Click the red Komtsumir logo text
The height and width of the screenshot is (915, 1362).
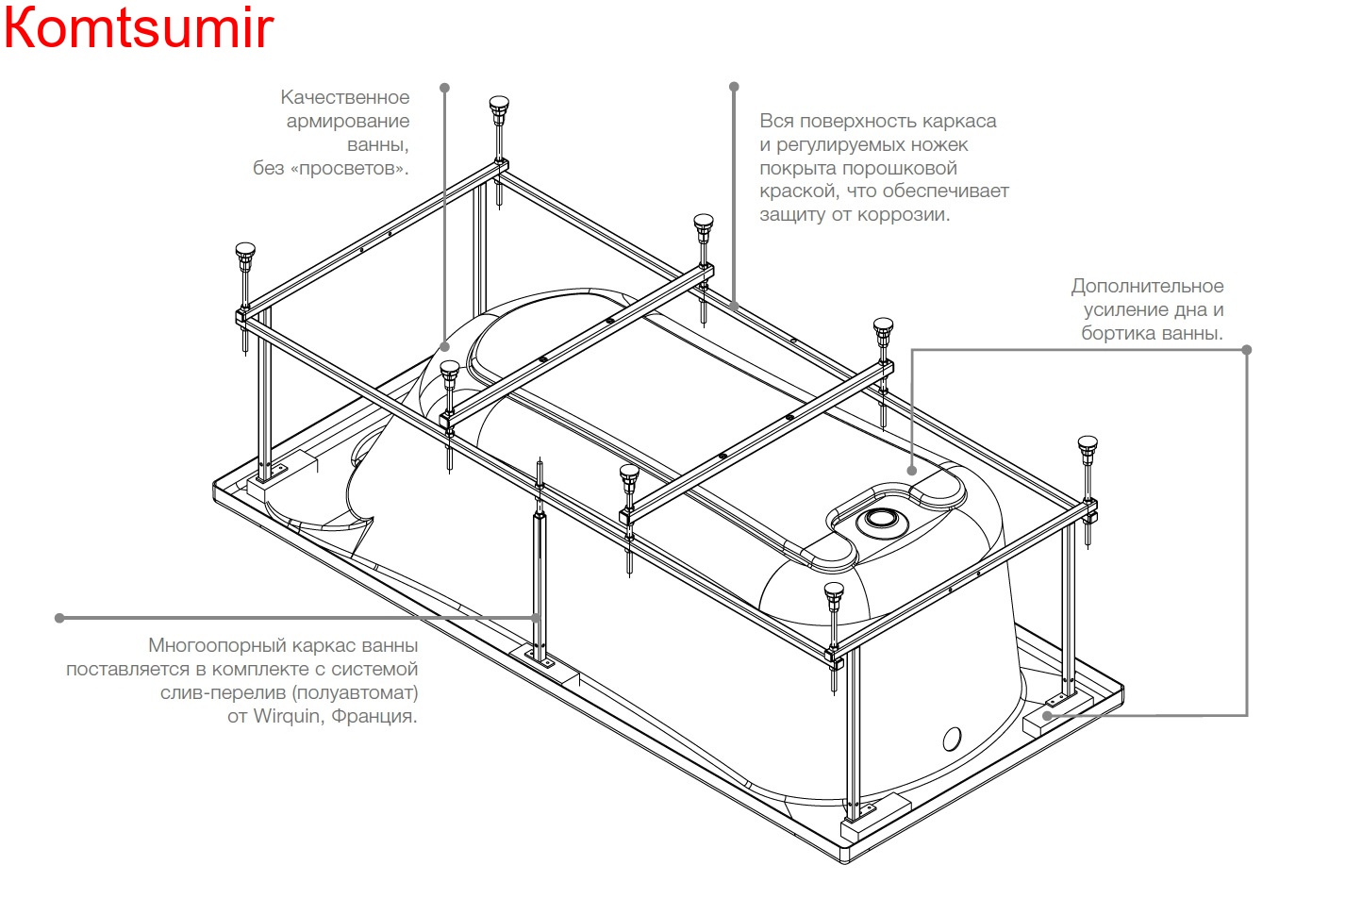tap(139, 28)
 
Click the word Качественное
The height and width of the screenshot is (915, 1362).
tap(344, 97)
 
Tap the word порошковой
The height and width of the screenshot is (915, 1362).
tap(900, 168)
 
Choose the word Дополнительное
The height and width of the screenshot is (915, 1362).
tap(1147, 286)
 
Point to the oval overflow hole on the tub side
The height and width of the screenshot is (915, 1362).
tap(952, 739)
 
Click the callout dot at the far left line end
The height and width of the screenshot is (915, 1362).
tap(59, 618)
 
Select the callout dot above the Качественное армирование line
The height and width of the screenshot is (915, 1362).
tap(445, 88)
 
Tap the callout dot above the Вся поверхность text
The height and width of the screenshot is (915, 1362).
tap(734, 87)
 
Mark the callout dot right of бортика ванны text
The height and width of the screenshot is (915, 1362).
tap(1246, 349)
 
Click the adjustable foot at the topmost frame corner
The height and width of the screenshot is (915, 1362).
tap(499, 107)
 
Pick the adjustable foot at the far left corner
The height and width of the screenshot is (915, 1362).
tap(245, 254)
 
